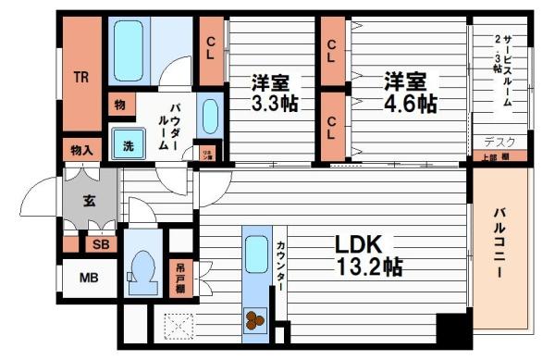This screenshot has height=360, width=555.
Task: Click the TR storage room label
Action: pos(81,78)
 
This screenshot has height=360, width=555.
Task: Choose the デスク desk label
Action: pos(500,142)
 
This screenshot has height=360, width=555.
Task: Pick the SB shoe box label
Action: pos(99,244)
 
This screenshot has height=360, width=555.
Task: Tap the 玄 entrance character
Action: pos(89,200)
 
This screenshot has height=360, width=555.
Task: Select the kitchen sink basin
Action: pos(255,251)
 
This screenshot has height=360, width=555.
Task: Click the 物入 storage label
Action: pos(81,149)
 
